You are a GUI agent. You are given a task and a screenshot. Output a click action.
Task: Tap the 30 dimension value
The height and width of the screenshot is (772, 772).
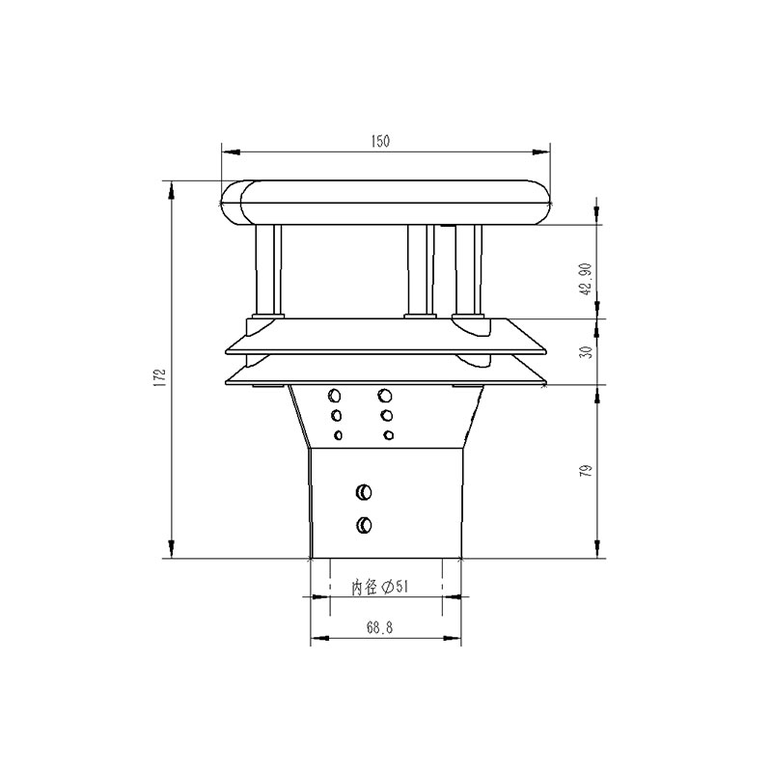(x=586, y=352)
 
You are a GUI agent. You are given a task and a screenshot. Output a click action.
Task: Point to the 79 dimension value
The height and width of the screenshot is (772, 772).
(x=586, y=471)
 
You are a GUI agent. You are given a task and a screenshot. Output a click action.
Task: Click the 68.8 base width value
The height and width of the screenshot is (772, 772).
(x=379, y=627)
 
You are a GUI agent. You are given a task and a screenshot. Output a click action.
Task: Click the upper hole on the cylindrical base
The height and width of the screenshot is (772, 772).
(x=364, y=492)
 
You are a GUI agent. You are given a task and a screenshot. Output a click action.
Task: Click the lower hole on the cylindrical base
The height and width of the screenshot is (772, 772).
(x=364, y=525)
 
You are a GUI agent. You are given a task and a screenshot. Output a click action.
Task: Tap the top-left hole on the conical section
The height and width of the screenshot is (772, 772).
(x=336, y=396)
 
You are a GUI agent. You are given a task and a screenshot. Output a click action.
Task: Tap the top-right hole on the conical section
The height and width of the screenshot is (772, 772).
(x=386, y=396)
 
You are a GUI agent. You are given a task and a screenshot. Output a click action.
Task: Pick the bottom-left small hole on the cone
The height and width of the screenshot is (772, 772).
(x=338, y=435)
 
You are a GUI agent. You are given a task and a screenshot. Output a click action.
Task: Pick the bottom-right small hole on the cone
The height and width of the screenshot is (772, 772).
(x=388, y=435)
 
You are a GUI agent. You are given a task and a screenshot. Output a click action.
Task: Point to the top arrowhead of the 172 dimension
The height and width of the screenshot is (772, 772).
(x=171, y=188)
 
